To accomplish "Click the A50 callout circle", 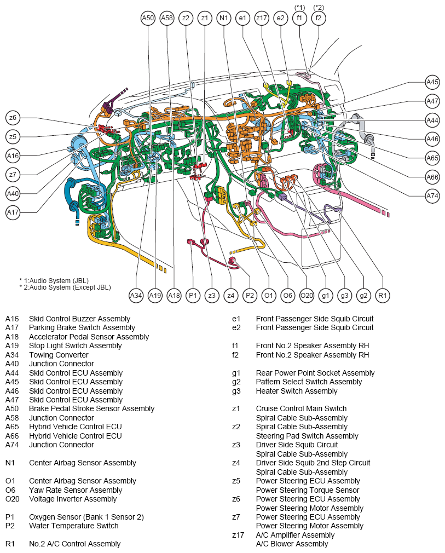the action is point(148,18).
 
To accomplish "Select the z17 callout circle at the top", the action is point(262,18).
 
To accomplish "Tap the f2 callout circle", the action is point(319,18).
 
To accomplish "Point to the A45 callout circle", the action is point(432,82).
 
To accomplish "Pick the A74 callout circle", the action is point(432,195).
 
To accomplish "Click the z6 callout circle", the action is point(13,118).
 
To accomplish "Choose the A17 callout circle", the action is point(13,212).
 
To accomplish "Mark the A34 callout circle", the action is point(136,296).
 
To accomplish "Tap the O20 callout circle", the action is point(307,296).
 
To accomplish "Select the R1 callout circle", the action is point(383,296).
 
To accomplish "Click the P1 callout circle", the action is point(193,296).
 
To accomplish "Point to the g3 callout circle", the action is point(344,296).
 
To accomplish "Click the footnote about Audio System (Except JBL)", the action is point(65,287).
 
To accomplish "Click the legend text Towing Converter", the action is point(59,355).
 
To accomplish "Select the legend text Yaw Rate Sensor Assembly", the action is point(76,490).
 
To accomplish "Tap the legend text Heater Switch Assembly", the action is point(297,391).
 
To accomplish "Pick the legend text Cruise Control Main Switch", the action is point(301,408).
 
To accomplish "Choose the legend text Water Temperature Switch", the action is point(74,526).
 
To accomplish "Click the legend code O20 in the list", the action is point(13,499).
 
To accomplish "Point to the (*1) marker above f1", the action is point(299,7).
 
